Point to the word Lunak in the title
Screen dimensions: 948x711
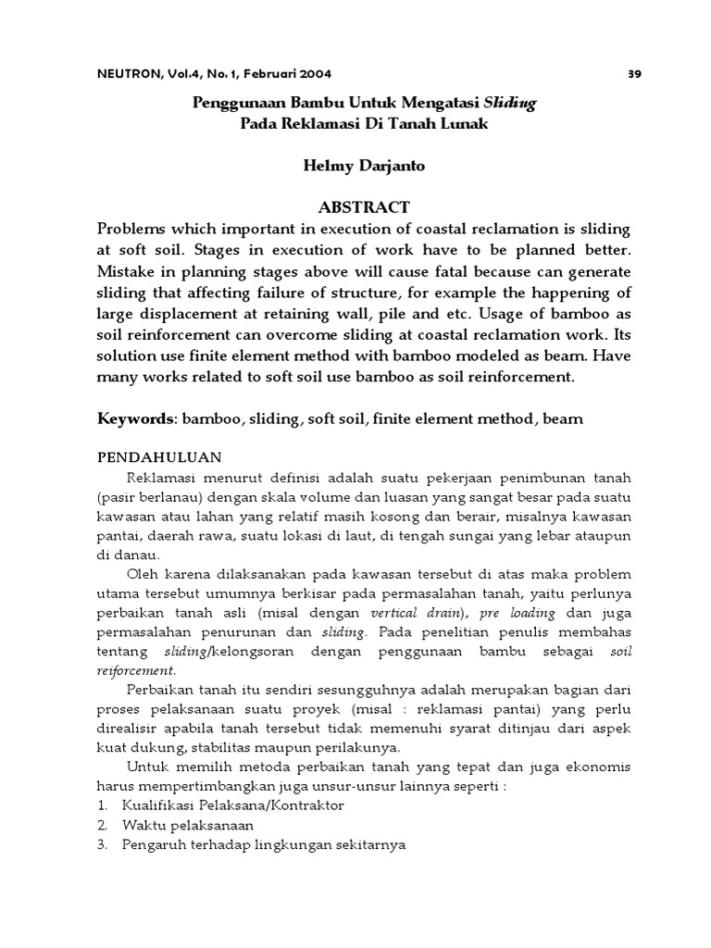click(x=459, y=125)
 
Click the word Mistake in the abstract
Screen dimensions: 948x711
click(x=130, y=273)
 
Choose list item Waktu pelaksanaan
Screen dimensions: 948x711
click(x=188, y=825)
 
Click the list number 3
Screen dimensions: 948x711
click(x=102, y=844)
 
